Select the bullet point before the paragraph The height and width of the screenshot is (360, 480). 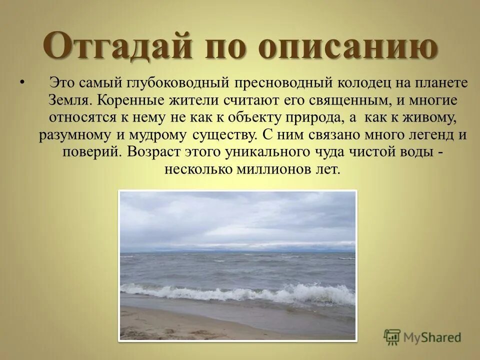pos(21,81)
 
